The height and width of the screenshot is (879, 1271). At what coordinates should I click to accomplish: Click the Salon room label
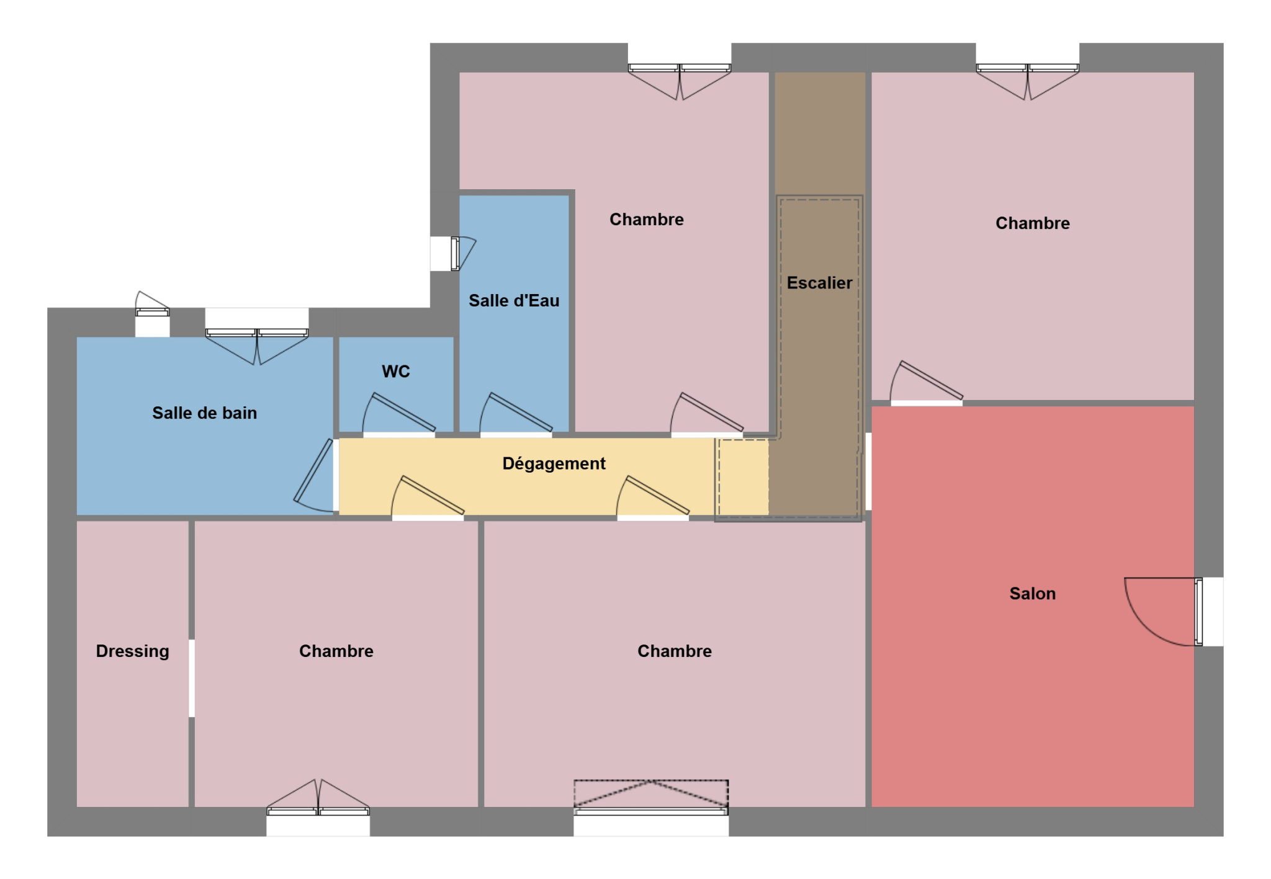coord(1032,594)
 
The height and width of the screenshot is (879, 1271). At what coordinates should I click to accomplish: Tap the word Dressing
coord(132,651)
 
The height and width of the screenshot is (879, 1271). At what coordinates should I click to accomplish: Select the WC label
coord(396,372)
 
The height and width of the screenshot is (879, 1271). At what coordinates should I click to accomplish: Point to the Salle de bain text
coord(204,413)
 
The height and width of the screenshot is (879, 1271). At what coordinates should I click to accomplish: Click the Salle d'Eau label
coord(514,301)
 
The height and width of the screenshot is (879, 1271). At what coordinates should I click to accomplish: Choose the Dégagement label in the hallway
coord(554,464)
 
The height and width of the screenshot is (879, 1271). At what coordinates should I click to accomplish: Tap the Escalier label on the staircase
coord(819,283)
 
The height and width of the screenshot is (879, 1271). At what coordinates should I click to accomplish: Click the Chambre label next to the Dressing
coord(336,651)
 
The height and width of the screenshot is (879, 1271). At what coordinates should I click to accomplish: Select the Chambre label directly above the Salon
coord(1033,223)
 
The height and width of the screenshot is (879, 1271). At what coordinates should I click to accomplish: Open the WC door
coord(399,414)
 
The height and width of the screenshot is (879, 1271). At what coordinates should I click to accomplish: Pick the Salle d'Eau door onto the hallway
coord(516,414)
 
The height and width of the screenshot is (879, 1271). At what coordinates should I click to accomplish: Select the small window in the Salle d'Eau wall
coord(452,254)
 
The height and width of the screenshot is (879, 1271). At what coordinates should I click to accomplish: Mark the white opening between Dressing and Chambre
coord(192,678)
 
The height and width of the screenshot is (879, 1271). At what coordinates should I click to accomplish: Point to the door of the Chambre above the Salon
coord(927,383)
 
